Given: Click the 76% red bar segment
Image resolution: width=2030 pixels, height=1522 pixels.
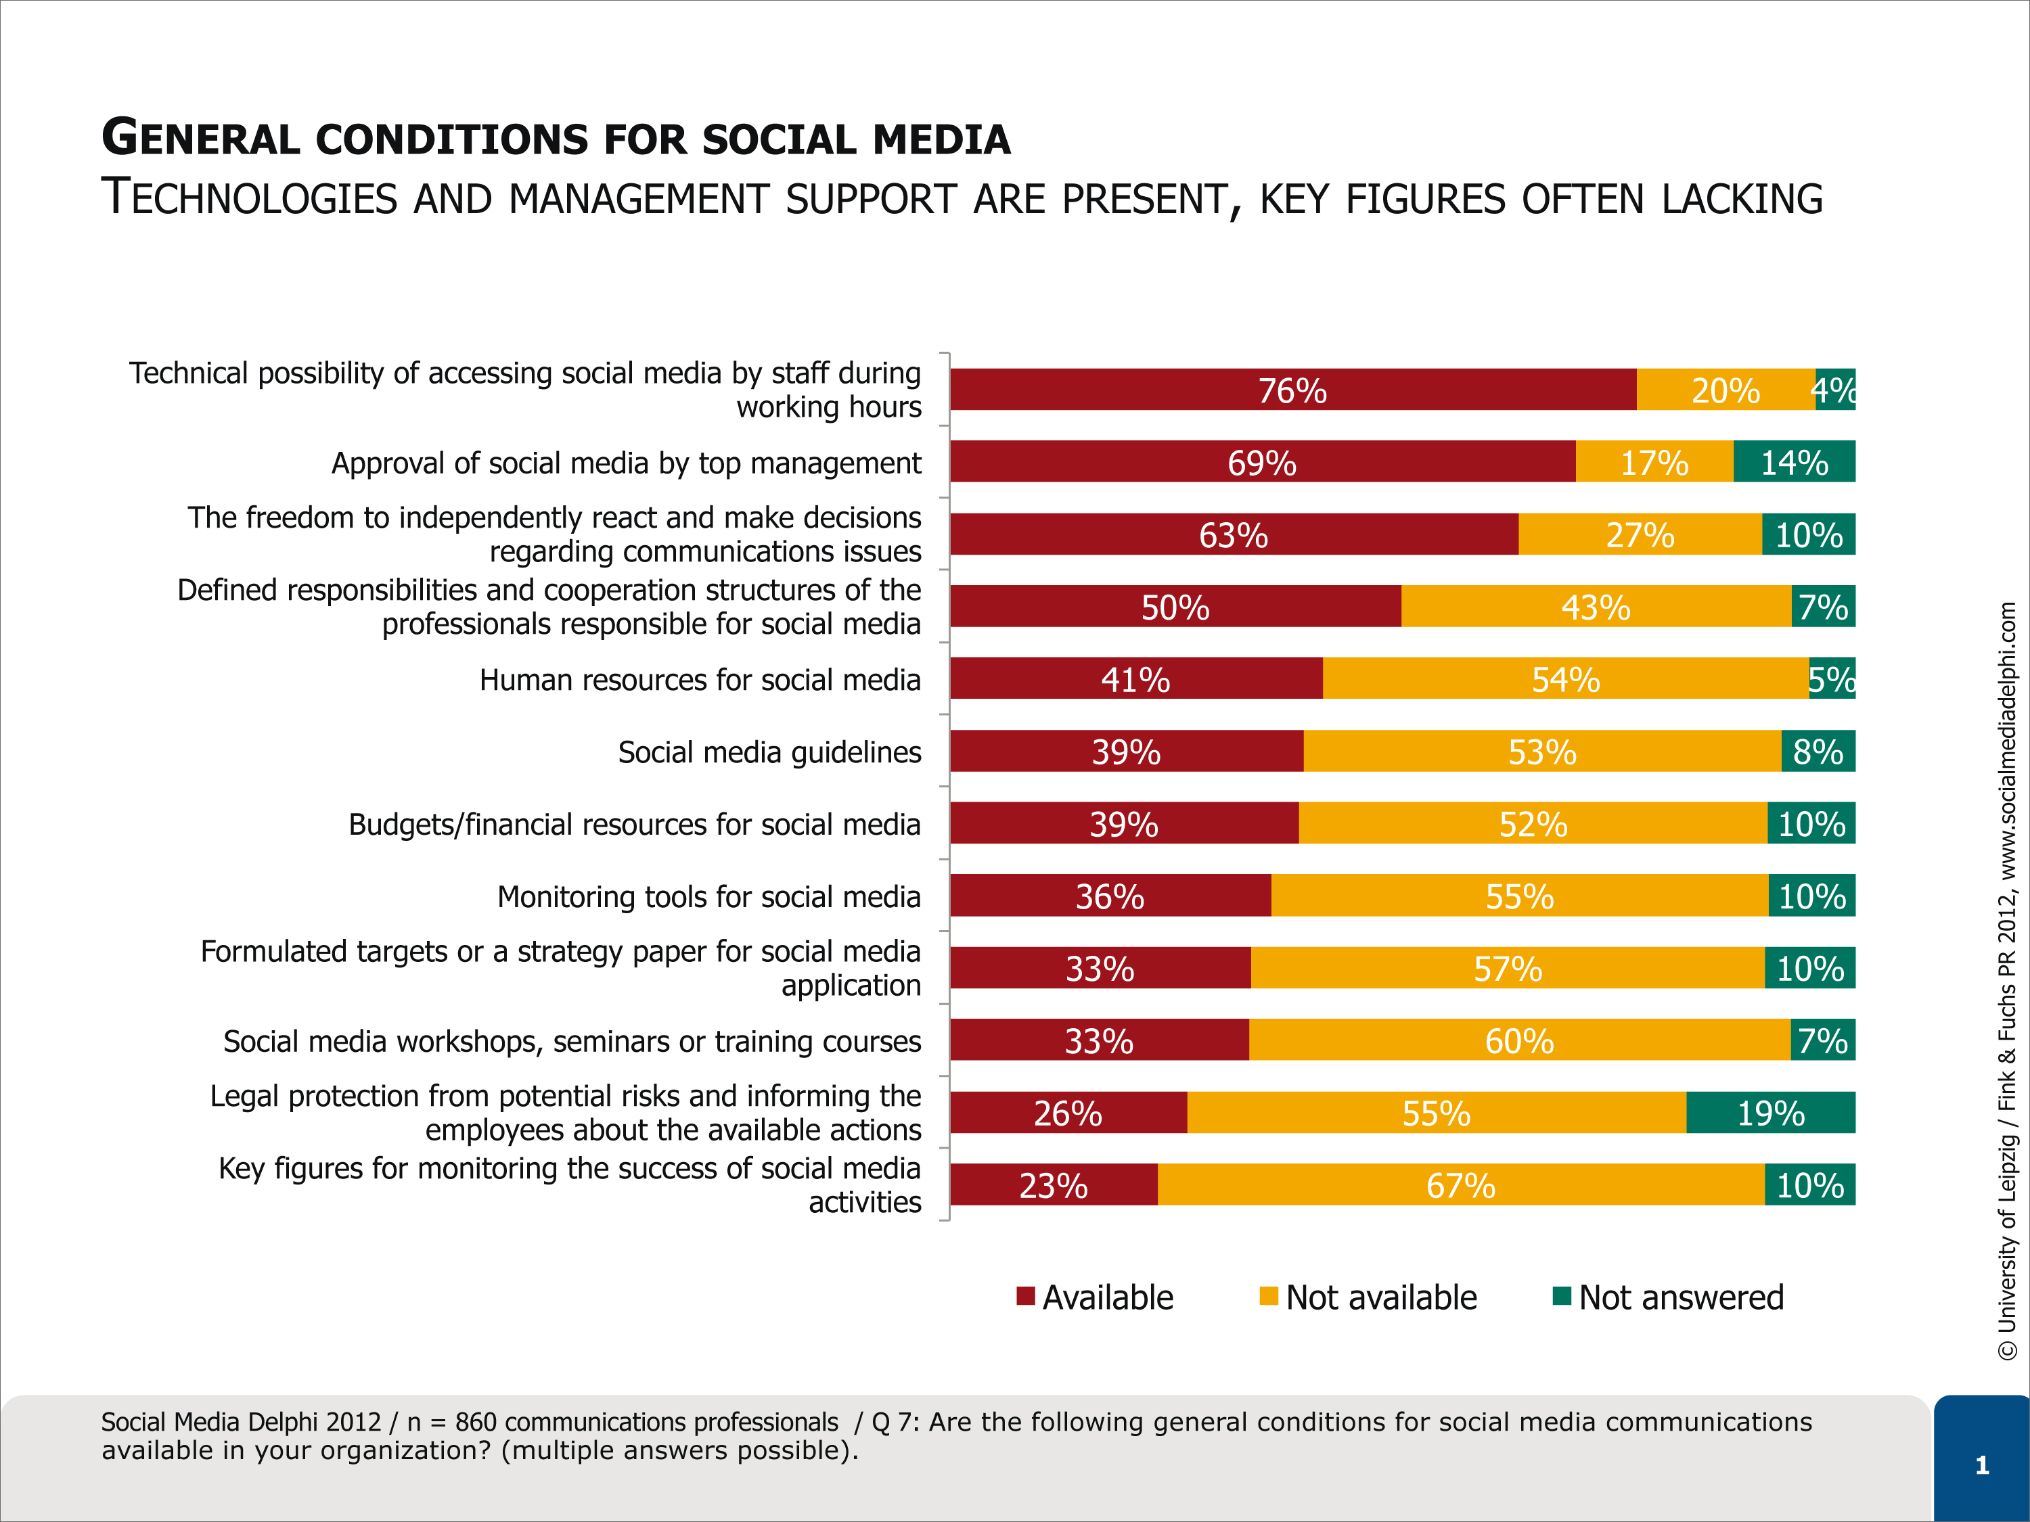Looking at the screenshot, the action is (1293, 389).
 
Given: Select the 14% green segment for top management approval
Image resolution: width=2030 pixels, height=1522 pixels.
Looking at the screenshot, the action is (1794, 461).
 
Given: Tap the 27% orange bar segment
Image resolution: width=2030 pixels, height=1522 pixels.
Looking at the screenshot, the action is (1640, 534).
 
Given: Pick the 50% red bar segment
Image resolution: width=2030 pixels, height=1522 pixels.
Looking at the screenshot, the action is (1175, 606).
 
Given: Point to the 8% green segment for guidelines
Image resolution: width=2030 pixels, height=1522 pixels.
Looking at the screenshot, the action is (1818, 750).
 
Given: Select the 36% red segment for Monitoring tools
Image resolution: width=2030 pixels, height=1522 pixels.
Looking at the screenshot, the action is (1110, 896).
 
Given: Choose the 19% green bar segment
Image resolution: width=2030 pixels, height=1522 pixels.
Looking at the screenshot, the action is (1770, 1113).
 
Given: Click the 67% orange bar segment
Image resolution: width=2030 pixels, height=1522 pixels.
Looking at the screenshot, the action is (1461, 1184).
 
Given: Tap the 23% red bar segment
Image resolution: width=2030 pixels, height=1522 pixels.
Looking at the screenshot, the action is (1054, 1184).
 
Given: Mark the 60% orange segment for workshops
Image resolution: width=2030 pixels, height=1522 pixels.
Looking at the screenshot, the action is (1520, 1040).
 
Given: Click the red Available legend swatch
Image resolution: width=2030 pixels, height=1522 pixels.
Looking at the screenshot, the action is (1026, 1295).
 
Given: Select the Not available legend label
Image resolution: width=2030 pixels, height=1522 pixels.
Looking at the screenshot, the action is (1381, 1297).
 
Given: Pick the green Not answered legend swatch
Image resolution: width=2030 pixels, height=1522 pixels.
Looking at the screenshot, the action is (1562, 1295).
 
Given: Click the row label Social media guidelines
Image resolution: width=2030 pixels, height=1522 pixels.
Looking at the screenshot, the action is (769, 752).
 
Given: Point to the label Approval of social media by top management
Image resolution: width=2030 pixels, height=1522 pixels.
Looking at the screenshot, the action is (626, 463).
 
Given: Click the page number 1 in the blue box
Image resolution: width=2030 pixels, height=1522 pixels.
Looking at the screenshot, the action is (1982, 1465).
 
